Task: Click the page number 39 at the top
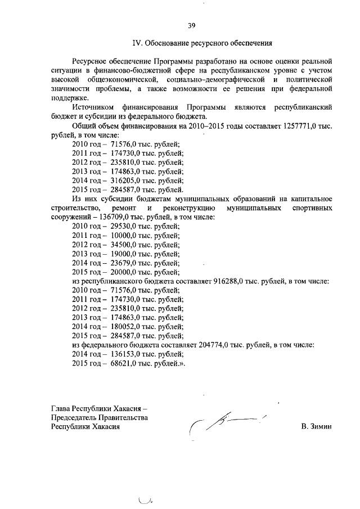[191, 25]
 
